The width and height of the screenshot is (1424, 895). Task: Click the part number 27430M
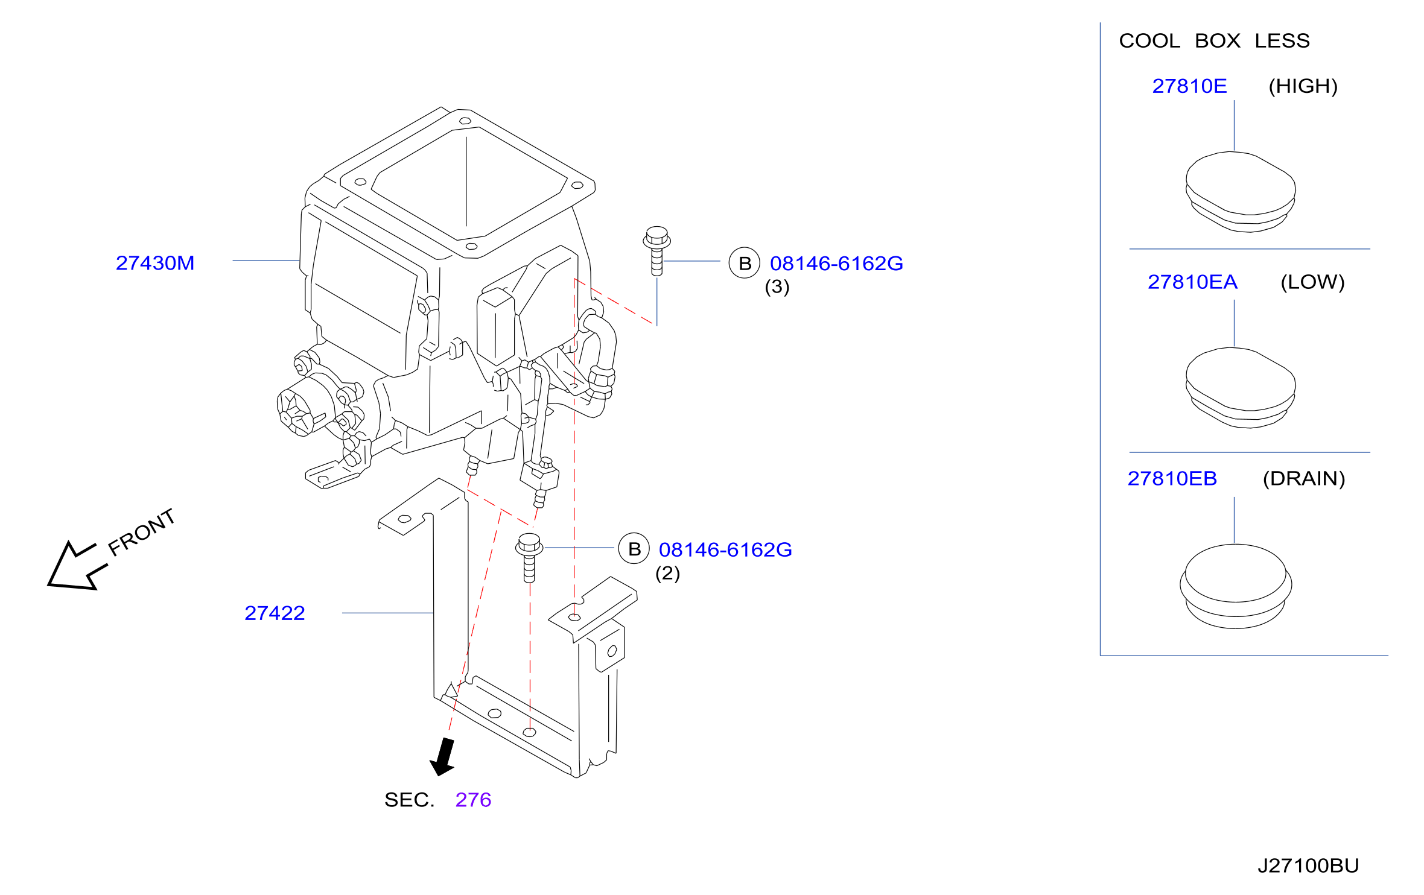(155, 263)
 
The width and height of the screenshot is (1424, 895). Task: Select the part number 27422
(275, 613)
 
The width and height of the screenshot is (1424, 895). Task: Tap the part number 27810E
(1189, 86)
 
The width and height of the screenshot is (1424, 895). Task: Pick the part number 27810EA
(1192, 282)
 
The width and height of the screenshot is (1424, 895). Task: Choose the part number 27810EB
(1172, 478)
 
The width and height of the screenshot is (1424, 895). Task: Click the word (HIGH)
(1303, 86)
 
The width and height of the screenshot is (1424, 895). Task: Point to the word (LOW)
(1313, 282)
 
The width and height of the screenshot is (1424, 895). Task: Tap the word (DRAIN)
(1305, 478)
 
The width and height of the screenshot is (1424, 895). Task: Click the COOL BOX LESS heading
(1215, 41)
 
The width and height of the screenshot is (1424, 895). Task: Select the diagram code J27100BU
(1308, 866)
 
